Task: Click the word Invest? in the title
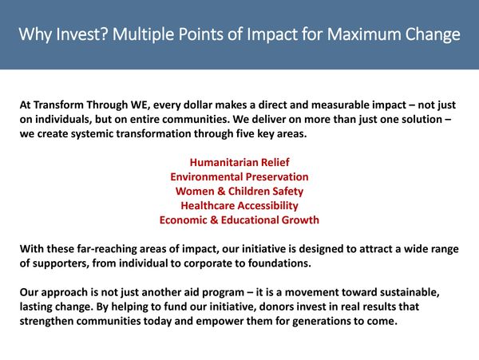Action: tap(82, 34)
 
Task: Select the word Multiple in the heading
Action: tap(143, 35)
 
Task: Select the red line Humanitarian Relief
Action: tap(239, 163)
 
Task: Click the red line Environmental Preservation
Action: tap(239, 176)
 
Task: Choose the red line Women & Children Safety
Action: tap(239, 191)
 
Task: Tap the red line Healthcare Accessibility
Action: tap(239, 205)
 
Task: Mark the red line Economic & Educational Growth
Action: tap(239, 220)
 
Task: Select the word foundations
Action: tap(279, 263)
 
